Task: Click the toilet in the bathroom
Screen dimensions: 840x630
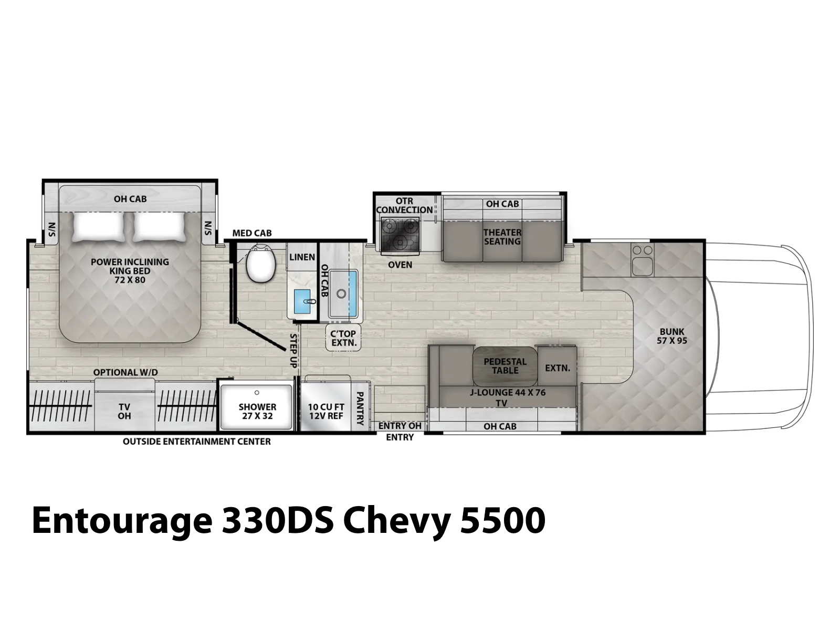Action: [261, 264]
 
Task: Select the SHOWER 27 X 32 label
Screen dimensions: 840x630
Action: [257, 411]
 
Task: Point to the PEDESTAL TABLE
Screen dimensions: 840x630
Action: [505, 366]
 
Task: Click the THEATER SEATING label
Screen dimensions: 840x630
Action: [502, 237]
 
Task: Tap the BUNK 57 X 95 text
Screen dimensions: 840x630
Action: [672, 336]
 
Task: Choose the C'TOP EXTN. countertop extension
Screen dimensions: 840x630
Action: [344, 338]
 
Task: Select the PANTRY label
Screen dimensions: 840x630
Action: [360, 408]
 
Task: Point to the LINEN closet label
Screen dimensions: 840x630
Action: [302, 257]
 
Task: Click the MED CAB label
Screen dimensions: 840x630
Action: [252, 233]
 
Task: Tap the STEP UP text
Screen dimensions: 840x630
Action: [293, 351]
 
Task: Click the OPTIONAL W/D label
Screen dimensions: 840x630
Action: [125, 372]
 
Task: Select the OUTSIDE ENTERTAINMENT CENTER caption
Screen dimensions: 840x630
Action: [197, 442]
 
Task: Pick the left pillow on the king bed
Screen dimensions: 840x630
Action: [99, 227]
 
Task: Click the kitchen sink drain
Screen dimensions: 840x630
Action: [341, 294]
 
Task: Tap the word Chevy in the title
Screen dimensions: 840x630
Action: [397, 521]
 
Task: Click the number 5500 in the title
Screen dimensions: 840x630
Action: [502, 520]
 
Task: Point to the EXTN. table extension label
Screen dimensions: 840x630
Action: [558, 368]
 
